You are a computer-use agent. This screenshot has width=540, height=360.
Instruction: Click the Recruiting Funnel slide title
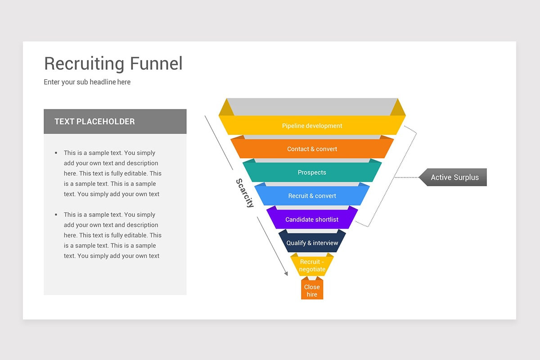tap(113, 63)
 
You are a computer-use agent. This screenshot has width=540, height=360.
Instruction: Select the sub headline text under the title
tap(87, 82)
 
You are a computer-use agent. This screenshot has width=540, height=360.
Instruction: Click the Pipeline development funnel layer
tap(312, 126)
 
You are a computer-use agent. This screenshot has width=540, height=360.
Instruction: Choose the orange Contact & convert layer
tap(312, 149)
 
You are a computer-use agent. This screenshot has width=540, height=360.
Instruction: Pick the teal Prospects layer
tap(312, 172)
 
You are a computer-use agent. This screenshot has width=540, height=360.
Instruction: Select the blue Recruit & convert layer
tap(312, 196)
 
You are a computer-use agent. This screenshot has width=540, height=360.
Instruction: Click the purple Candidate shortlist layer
tap(312, 220)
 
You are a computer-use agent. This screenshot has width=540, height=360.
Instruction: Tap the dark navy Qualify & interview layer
tap(312, 243)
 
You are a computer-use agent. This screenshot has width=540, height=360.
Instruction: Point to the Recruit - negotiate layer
tap(312, 265)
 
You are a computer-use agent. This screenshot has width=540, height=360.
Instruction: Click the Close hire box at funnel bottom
tap(312, 290)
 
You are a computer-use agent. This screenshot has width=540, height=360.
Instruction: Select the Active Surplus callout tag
tap(454, 177)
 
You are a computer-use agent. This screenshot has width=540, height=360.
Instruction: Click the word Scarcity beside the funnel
tap(245, 193)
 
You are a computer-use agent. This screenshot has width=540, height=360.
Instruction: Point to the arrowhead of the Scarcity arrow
tap(286, 273)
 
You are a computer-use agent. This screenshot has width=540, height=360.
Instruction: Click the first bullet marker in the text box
tap(56, 153)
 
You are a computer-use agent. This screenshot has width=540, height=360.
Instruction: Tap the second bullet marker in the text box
tap(56, 215)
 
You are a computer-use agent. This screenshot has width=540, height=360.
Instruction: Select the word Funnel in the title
tap(156, 63)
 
